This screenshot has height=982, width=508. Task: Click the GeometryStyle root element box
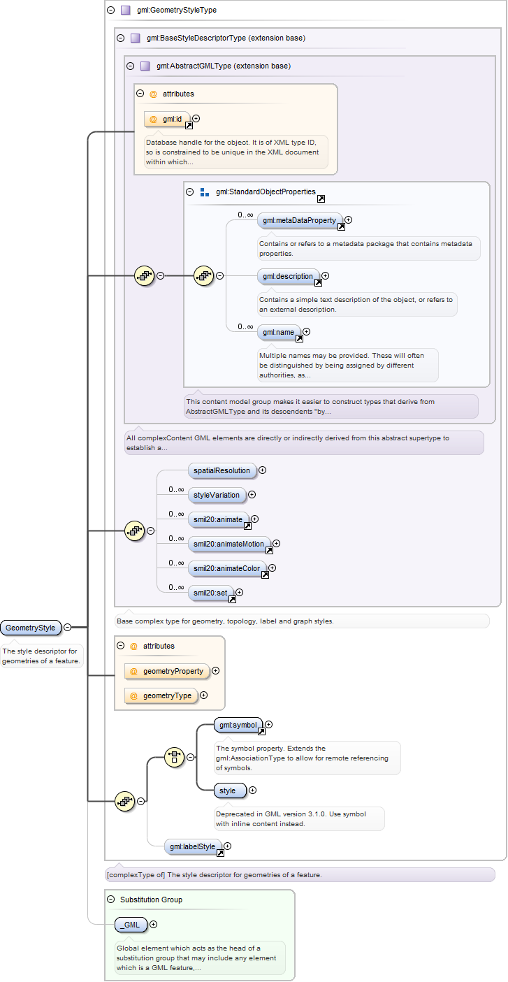pyautogui.click(x=30, y=628)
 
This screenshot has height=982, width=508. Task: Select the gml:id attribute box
pyautogui.click(x=168, y=119)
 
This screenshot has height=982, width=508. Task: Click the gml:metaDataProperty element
pyautogui.click(x=300, y=220)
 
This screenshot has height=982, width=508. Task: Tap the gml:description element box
pyautogui.click(x=288, y=276)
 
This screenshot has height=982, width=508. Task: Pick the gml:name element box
pyautogui.click(x=279, y=332)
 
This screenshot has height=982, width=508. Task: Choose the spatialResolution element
pyautogui.click(x=222, y=470)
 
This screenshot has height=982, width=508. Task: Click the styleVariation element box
pyautogui.click(x=217, y=495)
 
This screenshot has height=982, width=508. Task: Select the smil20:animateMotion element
pyautogui.click(x=228, y=544)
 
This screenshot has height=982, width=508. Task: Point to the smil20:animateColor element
pyautogui.click(x=227, y=569)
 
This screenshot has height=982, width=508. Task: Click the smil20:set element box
pyautogui.click(x=211, y=593)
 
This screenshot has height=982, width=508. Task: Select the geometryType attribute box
pyautogui.click(x=161, y=695)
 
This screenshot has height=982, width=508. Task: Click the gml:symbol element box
pyautogui.click(x=238, y=725)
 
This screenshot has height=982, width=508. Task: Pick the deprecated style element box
pyautogui.click(x=231, y=791)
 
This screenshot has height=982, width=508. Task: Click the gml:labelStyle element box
pyautogui.click(x=193, y=846)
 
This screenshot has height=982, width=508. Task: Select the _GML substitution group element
pyautogui.click(x=131, y=925)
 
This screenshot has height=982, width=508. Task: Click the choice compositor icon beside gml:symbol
pyautogui.click(x=175, y=757)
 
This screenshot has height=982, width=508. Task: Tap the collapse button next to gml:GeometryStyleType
pyautogui.click(x=111, y=10)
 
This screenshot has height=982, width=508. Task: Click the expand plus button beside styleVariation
pyautogui.click(x=252, y=495)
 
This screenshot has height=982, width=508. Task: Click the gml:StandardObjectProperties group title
pyautogui.click(x=266, y=192)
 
